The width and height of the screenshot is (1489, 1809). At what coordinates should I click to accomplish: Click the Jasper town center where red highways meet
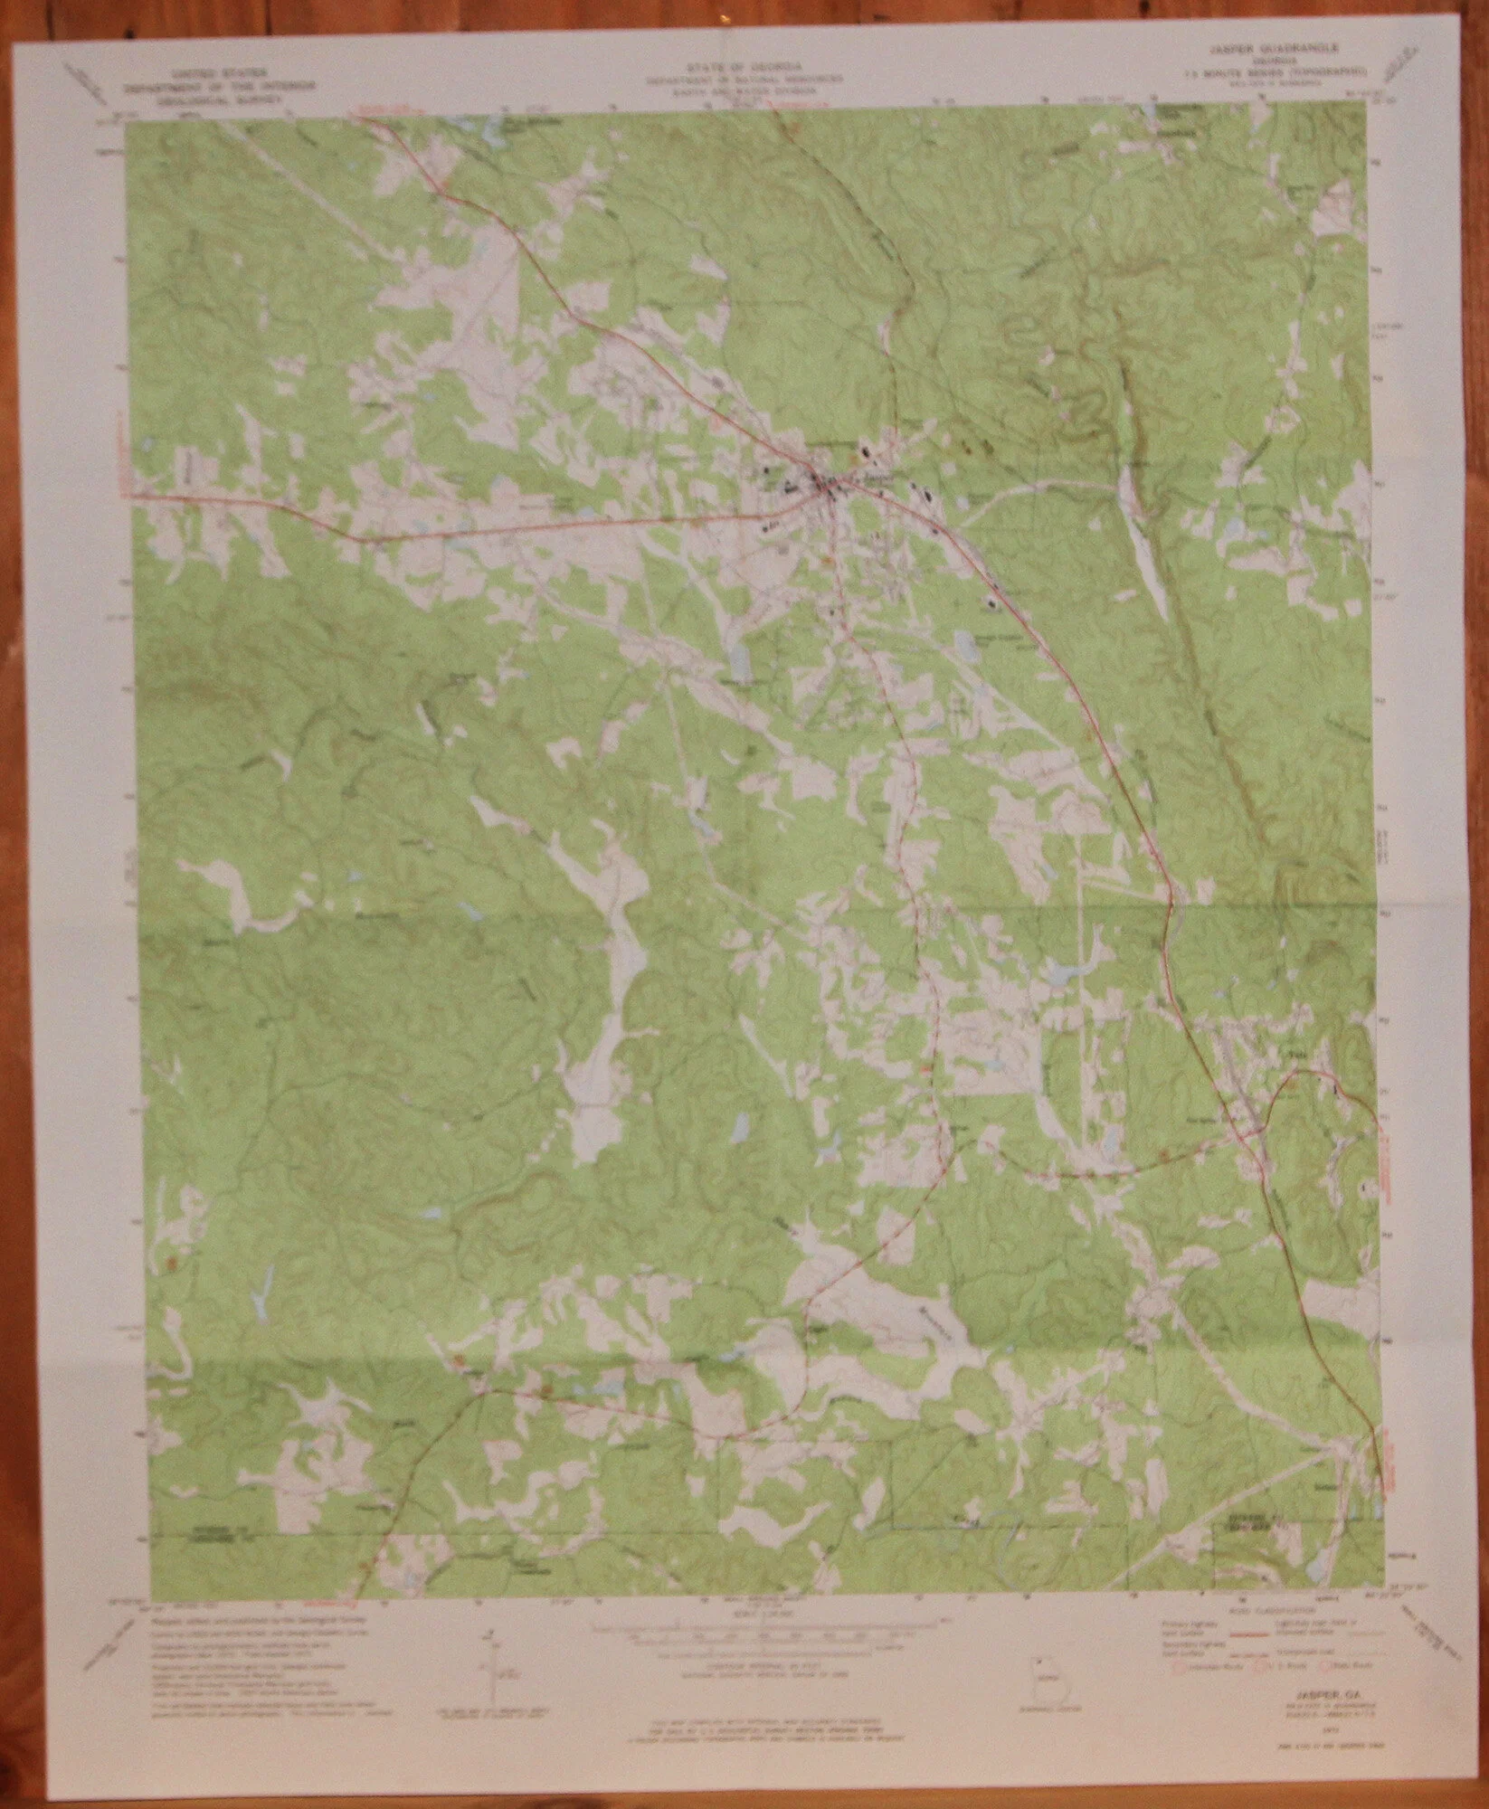pyautogui.click(x=825, y=489)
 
